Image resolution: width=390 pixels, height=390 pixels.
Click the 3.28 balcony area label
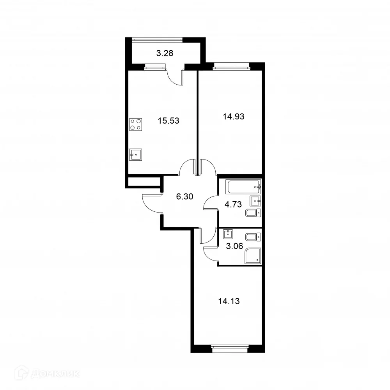click(x=164, y=53)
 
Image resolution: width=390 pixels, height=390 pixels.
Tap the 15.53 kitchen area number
click(x=168, y=121)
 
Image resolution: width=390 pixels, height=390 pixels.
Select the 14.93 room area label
click(x=233, y=116)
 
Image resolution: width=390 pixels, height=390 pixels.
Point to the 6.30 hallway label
click(x=184, y=197)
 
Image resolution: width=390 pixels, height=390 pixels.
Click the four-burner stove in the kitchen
click(x=136, y=124)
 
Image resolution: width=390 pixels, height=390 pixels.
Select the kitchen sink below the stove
click(x=136, y=154)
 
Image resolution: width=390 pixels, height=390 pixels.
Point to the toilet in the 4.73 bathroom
click(x=253, y=213)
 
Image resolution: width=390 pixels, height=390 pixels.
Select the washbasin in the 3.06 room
click(x=228, y=234)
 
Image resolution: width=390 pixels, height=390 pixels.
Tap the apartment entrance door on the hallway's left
click(x=151, y=204)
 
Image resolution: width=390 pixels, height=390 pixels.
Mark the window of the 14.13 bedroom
click(x=230, y=346)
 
